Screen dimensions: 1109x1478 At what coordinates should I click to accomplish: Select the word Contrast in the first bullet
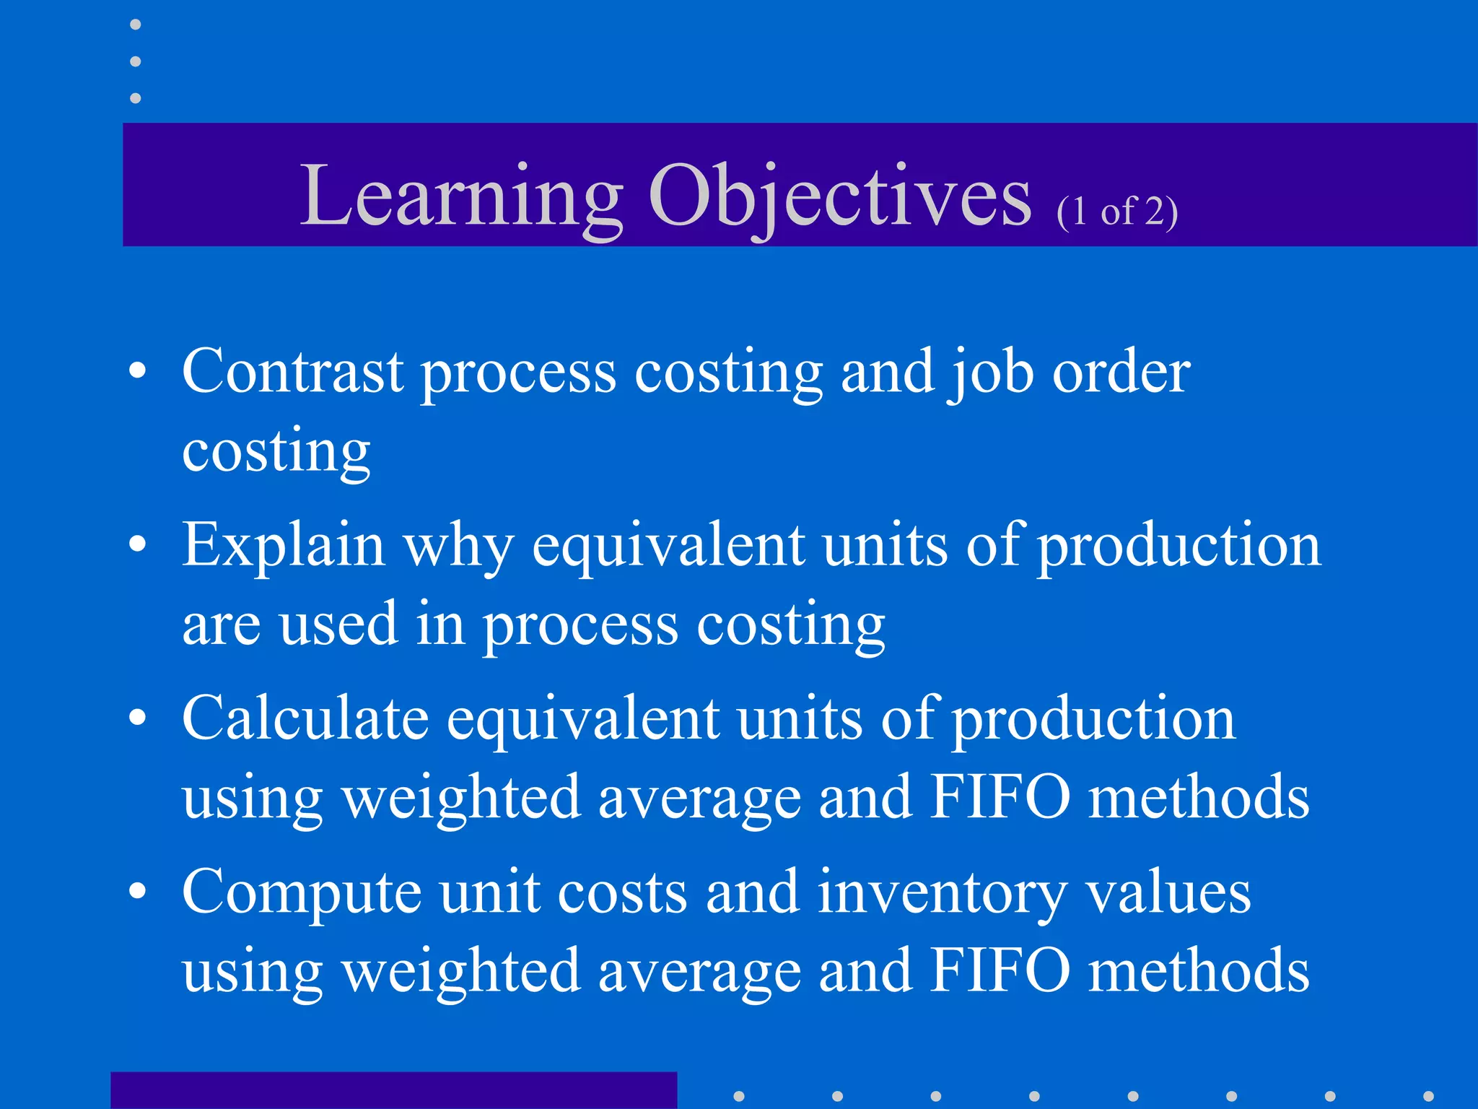pyautogui.click(x=292, y=371)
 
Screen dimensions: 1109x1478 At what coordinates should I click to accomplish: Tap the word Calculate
pyautogui.click(x=305, y=718)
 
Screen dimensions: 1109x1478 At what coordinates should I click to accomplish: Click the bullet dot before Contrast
pyautogui.click(x=138, y=371)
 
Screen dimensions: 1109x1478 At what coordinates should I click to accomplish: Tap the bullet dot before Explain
pyautogui.click(x=138, y=544)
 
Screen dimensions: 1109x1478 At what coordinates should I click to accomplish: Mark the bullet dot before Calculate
pyautogui.click(x=138, y=718)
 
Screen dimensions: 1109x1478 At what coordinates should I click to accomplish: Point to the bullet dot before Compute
pyautogui.click(x=138, y=892)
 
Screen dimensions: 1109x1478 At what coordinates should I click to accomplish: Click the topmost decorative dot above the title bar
pyautogui.click(x=136, y=25)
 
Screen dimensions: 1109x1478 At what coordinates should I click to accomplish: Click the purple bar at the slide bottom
pyautogui.click(x=393, y=1090)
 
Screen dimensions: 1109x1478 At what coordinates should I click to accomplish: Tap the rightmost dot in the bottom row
pyautogui.click(x=1428, y=1096)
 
